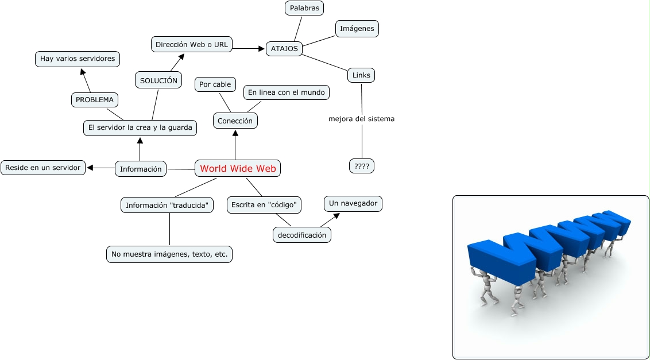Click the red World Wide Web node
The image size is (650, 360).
coord(238,168)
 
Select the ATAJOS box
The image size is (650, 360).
coord(284,49)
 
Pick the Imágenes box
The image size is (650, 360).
coord(357,28)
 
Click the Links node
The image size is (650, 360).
coord(361,75)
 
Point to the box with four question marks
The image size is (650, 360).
coord(362,166)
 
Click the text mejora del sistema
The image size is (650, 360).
coord(361,119)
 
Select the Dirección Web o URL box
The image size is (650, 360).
coord(192,45)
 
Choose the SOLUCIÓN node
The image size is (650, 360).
coord(158,80)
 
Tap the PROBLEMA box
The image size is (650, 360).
coord(95,99)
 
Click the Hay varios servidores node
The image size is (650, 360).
coord(78,59)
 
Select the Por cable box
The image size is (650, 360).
coord(215,84)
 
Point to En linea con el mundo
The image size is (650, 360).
coord(287,92)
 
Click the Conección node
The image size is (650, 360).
coord(235,121)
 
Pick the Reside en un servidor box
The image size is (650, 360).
coord(44,168)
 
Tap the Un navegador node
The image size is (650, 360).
coord(353,203)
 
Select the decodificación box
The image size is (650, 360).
coord(301,235)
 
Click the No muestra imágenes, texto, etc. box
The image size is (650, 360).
coord(169,254)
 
